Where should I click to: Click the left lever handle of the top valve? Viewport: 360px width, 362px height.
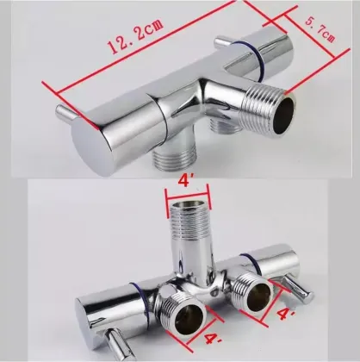pos(63,115)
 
